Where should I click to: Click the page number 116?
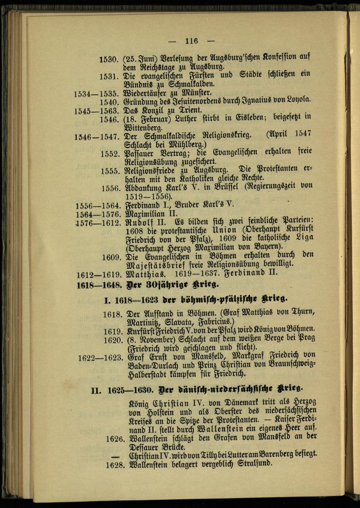(192, 41)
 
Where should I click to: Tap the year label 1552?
(110, 154)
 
